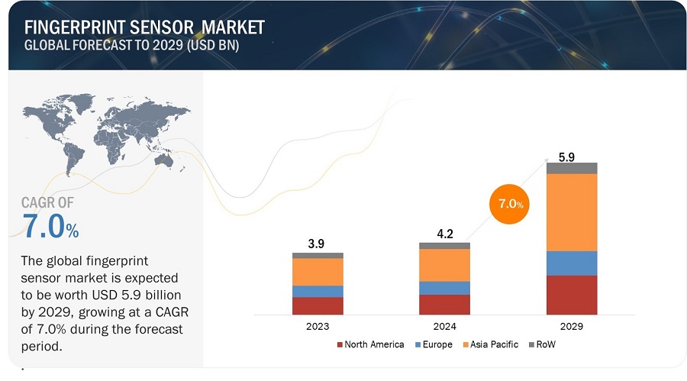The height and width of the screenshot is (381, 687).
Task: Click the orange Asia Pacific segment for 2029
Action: pos(572,212)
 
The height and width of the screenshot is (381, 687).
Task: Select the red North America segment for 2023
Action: pos(318,305)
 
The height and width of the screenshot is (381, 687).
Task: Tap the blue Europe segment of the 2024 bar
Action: pos(444,288)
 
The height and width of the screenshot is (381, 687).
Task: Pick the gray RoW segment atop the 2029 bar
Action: pos(572,168)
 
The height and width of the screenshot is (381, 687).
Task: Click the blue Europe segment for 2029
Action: pos(572,263)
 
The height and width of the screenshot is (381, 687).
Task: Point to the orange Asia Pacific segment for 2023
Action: pos(318,272)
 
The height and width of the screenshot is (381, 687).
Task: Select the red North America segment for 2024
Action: pos(444,305)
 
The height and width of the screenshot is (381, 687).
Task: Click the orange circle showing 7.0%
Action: pos(510,205)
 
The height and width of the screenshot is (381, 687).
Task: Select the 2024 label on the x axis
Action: pos(444,326)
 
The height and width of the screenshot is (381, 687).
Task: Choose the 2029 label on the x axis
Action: pos(571,326)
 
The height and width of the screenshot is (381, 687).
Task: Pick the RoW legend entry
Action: pos(543,344)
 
